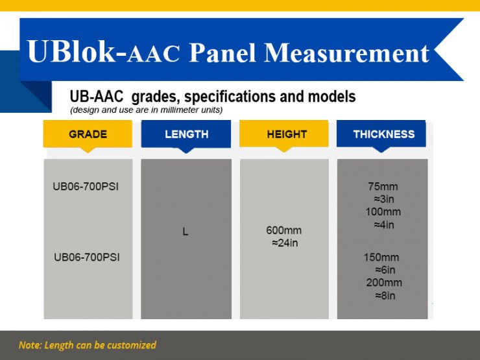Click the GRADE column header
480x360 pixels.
tap(88, 134)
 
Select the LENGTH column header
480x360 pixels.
tap(186, 134)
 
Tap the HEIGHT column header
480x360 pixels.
tap(287, 134)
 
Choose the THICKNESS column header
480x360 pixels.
tap(383, 134)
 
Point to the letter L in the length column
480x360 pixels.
tap(186, 232)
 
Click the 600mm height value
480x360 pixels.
tap(284, 230)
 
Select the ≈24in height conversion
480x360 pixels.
tap(284, 243)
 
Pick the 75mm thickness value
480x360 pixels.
tap(383, 186)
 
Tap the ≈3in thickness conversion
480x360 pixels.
tap(383, 199)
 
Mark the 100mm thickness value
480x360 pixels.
tap(383, 212)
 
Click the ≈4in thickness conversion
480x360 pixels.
tap(383, 225)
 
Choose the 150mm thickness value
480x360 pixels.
tap(381, 257)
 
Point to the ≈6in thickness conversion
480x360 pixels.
tap(385, 270)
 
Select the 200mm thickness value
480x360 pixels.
tap(383, 283)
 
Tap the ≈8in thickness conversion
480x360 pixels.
tap(385, 296)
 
